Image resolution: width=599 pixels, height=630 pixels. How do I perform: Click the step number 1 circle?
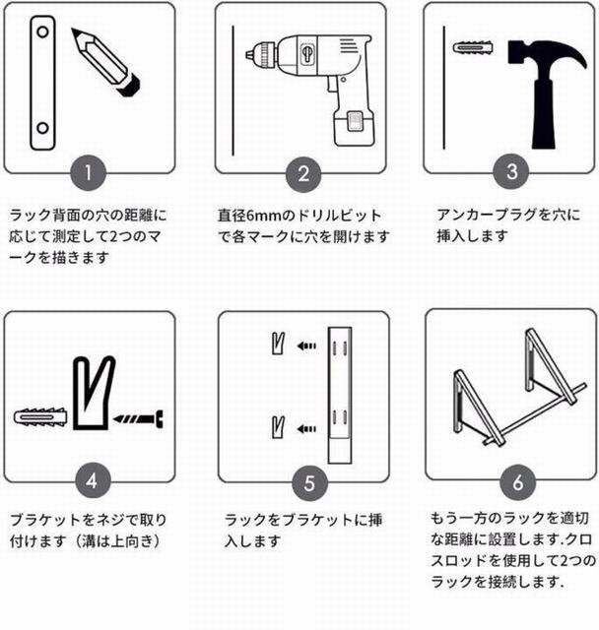(x=88, y=173)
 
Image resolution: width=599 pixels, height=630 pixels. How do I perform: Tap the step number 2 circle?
(x=303, y=174)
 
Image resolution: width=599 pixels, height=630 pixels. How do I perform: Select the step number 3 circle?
(x=511, y=171)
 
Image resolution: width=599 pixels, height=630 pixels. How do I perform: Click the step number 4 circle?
(x=93, y=480)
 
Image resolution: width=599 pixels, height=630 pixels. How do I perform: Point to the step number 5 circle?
(x=309, y=483)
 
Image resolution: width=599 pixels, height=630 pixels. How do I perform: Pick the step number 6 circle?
(x=518, y=481)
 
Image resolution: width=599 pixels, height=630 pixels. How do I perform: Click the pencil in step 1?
(x=105, y=62)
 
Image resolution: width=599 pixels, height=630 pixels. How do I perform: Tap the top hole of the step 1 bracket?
(x=42, y=31)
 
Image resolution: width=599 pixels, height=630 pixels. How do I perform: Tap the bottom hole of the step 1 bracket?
(x=42, y=129)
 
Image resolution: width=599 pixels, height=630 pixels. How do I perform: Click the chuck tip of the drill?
(x=249, y=54)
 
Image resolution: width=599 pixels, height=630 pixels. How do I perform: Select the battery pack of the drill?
(x=354, y=126)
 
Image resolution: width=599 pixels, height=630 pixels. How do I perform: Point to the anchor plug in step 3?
(x=473, y=48)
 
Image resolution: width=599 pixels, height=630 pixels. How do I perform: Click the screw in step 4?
(x=139, y=419)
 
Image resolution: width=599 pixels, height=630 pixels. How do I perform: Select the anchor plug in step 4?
(x=39, y=417)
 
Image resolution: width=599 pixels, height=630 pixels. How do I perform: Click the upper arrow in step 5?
(x=306, y=346)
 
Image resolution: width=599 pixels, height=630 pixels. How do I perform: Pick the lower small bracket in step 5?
(x=278, y=426)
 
